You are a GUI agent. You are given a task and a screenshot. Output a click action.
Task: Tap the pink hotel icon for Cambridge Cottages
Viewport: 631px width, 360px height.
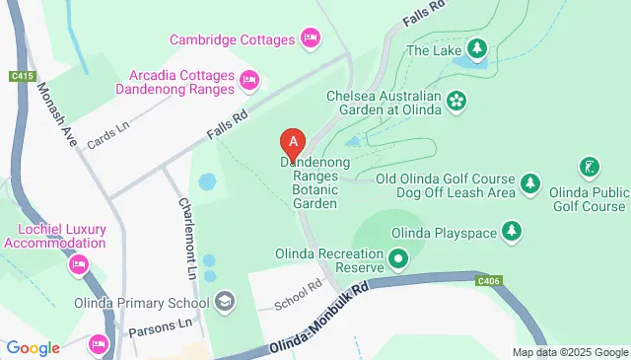pyautogui.click(x=311, y=39)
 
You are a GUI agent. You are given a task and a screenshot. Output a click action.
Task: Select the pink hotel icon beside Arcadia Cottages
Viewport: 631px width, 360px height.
pyautogui.click(x=248, y=79)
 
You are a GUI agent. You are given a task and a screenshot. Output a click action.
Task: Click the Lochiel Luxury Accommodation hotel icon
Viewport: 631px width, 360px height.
pyautogui.click(x=78, y=263)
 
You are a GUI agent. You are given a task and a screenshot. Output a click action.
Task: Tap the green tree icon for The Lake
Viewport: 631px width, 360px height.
pyautogui.click(x=477, y=48)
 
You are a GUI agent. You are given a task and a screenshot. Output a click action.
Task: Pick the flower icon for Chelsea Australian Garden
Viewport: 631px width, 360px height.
pyautogui.click(x=456, y=100)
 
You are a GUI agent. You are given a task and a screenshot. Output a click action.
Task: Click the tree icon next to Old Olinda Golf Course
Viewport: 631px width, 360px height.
pyautogui.click(x=530, y=183)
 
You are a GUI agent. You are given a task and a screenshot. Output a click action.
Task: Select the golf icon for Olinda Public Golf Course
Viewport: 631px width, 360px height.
pyautogui.click(x=590, y=166)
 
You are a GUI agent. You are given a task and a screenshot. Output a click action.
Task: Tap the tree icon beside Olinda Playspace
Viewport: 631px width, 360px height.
pyautogui.click(x=511, y=232)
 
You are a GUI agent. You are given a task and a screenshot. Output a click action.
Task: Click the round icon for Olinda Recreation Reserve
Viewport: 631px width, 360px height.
pyautogui.click(x=398, y=260)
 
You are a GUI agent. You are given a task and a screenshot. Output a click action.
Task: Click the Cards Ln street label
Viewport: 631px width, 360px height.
pyautogui.click(x=108, y=130)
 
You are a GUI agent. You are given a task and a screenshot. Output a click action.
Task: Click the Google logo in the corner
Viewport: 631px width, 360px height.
pyautogui.click(x=34, y=347)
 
